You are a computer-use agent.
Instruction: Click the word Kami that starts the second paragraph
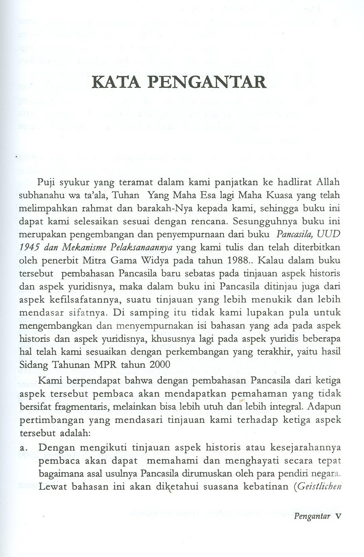(x=49, y=380)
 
